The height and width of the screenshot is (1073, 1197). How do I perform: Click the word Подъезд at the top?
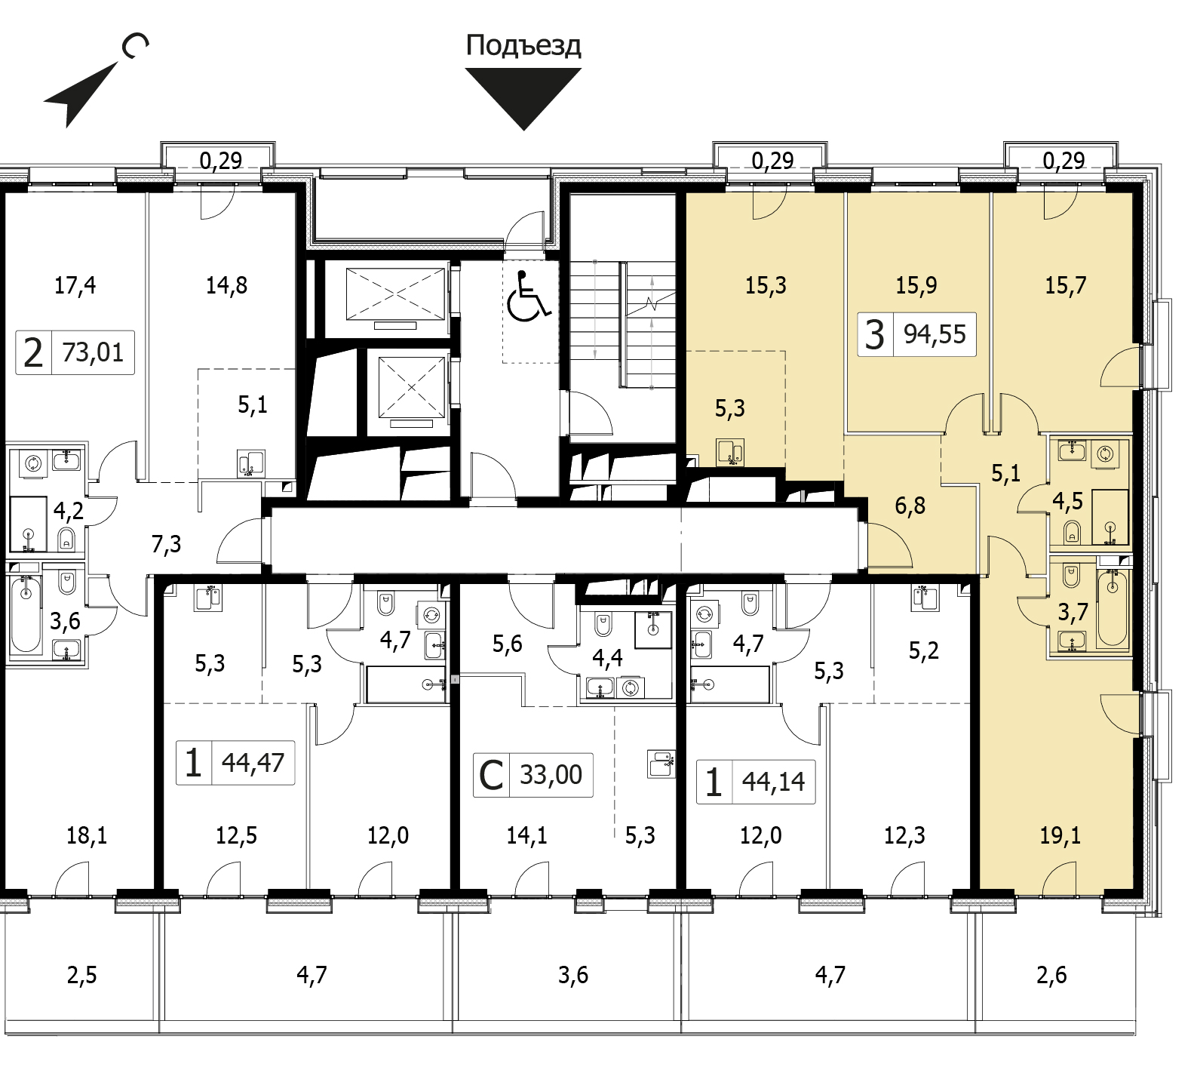tap(523, 46)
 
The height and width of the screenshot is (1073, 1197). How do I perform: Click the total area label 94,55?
tap(935, 334)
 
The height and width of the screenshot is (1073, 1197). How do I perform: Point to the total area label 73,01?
tap(93, 352)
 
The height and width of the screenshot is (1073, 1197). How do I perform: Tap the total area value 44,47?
tap(253, 762)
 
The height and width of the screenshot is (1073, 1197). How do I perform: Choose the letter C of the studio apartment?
tap(491, 775)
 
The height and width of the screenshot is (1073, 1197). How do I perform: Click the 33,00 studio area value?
tap(551, 774)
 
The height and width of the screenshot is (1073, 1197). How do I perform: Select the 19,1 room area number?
tap(1060, 836)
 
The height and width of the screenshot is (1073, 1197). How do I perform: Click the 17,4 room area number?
tap(75, 285)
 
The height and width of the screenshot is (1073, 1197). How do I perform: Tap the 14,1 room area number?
tap(526, 836)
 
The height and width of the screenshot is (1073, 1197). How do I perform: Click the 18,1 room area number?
tap(87, 836)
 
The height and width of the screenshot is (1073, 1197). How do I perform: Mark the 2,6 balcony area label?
tap(1051, 976)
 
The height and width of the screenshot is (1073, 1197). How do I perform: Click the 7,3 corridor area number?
tap(166, 543)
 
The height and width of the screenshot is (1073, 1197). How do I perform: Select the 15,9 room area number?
tap(916, 285)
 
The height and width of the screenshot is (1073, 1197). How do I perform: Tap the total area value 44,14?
tap(773, 782)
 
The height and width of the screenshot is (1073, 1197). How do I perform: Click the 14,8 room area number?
tap(226, 285)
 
